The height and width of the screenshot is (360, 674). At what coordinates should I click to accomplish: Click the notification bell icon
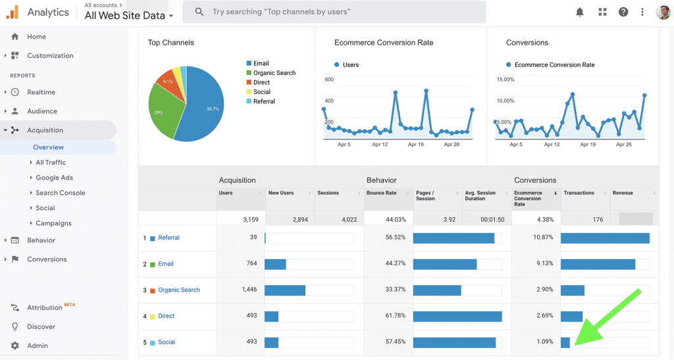tap(580, 12)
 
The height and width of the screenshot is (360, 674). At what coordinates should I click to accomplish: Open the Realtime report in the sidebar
tap(41, 92)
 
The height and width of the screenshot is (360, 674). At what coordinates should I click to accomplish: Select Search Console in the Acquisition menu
tap(60, 193)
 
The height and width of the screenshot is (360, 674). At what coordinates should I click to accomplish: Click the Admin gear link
tap(37, 346)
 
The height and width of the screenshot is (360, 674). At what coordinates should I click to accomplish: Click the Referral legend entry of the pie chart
tap(264, 101)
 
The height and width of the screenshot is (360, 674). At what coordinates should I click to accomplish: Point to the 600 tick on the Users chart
tap(329, 80)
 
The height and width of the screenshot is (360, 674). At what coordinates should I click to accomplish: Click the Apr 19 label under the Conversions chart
tap(587, 144)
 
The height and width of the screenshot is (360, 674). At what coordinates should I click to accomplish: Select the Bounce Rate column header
tap(381, 193)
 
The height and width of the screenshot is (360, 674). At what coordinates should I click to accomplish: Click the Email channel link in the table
tap(166, 264)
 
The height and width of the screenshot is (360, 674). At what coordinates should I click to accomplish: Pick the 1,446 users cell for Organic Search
tap(248, 290)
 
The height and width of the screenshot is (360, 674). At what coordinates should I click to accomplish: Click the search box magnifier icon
tap(199, 12)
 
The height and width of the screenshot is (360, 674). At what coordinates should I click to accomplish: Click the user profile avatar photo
tap(663, 12)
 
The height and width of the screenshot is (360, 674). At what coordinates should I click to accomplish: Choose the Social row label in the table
tap(167, 342)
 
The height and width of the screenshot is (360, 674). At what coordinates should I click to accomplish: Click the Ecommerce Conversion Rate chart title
tap(384, 43)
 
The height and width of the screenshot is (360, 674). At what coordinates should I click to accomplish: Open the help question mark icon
tap(623, 12)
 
